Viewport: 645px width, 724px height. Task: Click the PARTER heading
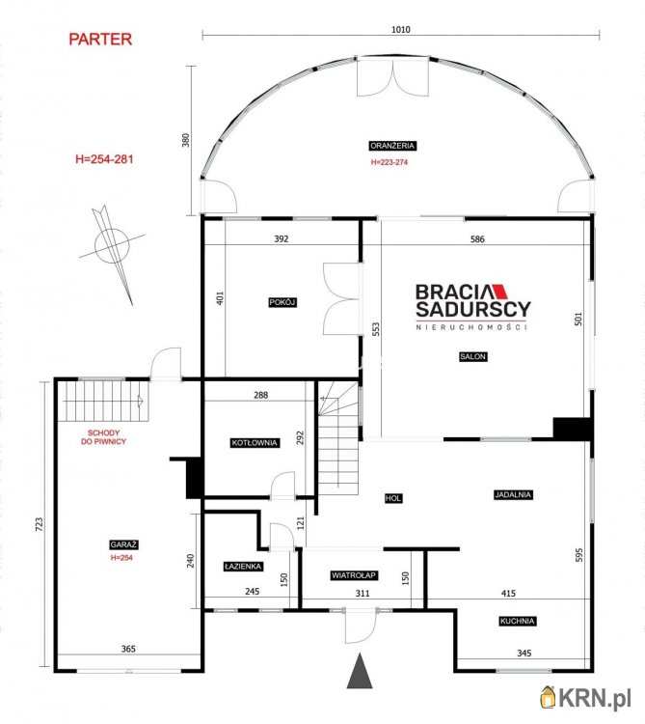click(100, 40)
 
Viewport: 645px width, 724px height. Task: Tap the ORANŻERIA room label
click(392, 146)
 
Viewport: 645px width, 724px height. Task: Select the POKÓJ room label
click(282, 302)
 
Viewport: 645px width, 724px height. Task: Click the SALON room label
click(473, 356)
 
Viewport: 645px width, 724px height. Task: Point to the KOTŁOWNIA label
click(255, 443)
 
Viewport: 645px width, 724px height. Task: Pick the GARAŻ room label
click(123, 544)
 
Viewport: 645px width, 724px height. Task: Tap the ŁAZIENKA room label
click(243, 567)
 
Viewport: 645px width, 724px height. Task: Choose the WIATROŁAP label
click(354, 575)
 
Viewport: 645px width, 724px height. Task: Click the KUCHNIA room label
click(518, 621)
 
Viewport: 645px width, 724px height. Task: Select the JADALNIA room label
click(513, 494)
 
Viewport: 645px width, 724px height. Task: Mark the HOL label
click(393, 498)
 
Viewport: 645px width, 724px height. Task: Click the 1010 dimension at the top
click(401, 30)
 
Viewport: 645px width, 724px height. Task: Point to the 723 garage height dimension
click(40, 524)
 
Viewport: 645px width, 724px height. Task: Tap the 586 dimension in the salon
click(477, 239)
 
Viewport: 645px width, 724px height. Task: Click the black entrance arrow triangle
click(360, 671)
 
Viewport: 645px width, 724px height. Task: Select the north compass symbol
click(112, 252)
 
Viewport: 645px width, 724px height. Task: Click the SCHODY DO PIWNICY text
click(104, 437)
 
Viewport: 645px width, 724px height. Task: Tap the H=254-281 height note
click(105, 159)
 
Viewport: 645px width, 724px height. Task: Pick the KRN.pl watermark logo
click(585, 698)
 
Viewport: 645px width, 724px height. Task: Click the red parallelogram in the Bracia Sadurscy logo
click(499, 292)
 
